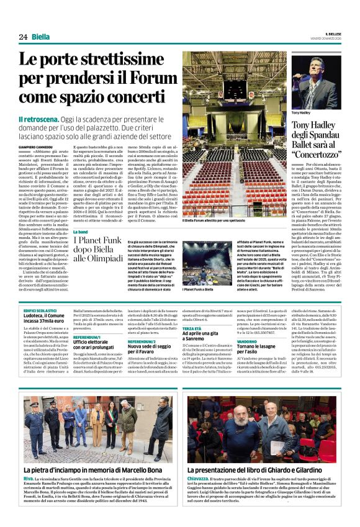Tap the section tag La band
pyautogui.click(x=82, y=231)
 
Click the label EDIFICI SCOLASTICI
pyautogui.click(x=41, y=309)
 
